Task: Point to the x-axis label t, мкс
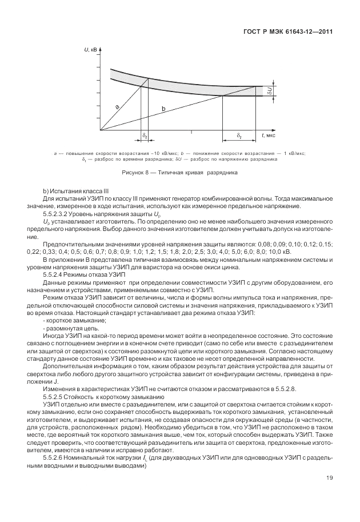click(x=269, y=136)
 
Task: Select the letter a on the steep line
click(x=117, y=106)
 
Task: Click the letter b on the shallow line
click(x=164, y=109)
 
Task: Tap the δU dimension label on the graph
click(x=269, y=90)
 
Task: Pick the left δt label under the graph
click(x=145, y=136)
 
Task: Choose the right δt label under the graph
click(x=238, y=136)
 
